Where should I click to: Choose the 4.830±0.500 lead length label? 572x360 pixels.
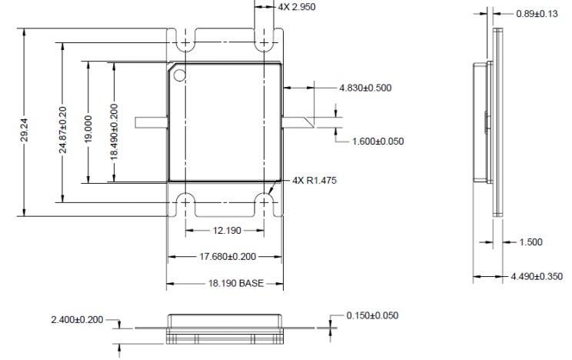tap(365, 88)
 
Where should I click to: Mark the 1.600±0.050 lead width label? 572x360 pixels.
tap(377, 141)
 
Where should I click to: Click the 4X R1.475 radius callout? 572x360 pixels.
tap(314, 180)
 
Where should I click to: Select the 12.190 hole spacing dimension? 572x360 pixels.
tap(224, 231)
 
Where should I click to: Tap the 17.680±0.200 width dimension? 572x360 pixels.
tap(224, 257)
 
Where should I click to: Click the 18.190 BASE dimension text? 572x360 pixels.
tap(224, 283)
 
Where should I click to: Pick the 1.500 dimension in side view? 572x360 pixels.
tap(530, 242)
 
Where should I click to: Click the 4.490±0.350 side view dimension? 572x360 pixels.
tap(537, 276)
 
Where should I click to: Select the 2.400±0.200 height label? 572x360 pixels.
tap(77, 319)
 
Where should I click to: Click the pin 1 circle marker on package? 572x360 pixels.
tap(180, 75)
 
